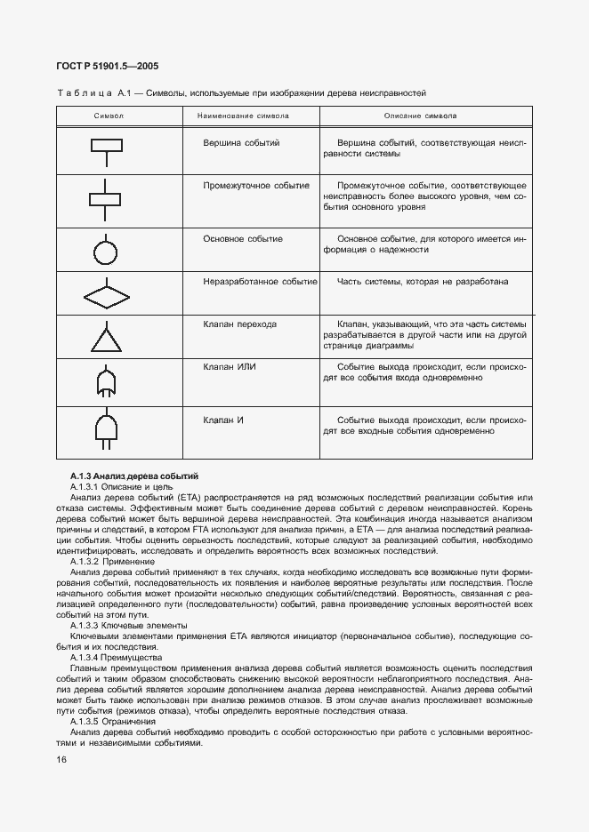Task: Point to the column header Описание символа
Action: point(421,116)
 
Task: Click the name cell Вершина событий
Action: point(242,142)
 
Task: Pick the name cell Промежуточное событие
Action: point(256,186)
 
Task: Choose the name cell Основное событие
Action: point(243,239)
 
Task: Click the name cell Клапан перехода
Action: point(240,324)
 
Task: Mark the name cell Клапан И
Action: point(223,419)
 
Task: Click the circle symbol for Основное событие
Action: point(107,252)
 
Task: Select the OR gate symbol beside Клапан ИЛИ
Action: point(107,383)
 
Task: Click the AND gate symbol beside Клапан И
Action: point(107,429)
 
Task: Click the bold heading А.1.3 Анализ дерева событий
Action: point(134,477)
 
